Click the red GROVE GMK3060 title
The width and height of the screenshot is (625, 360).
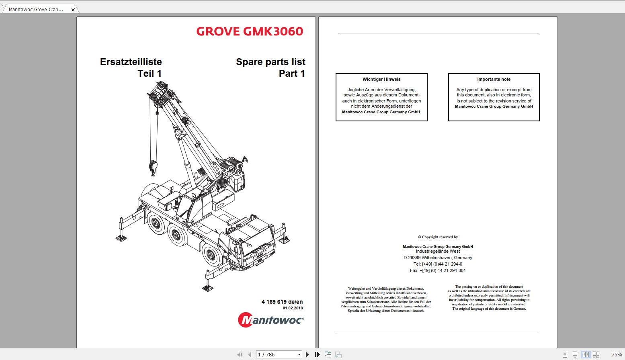pyautogui.click(x=250, y=31)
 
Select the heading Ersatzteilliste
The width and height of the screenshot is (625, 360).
pyautogui.click(x=131, y=62)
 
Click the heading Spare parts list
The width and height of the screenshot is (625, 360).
pyautogui.click(x=270, y=62)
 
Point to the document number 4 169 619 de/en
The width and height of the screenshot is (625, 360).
pyautogui.click(x=282, y=302)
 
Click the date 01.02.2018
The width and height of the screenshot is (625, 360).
pyautogui.click(x=293, y=308)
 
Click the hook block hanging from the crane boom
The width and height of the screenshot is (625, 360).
pyautogui.click(x=153, y=167)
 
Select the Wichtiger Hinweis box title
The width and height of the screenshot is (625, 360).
pyautogui.click(x=381, y=79)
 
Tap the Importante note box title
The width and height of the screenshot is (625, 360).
pyautogui.click(x=494, y=79)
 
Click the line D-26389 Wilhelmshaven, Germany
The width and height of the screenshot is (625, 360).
pyautogui.click(x=438, y=258)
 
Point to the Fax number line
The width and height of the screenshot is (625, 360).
pyautogui.click(x=438, y=271)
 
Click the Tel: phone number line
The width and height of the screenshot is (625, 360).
pyautogui.click(x=438, y=264)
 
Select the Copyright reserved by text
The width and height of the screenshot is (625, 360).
pyautogui.click(x=438, y=237)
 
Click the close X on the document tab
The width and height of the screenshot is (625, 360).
pyautogui.click(x=73, y=10)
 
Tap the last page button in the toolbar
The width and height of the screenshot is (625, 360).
pyautogui.click(x=317, y=354)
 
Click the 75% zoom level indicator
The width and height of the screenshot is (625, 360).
pyautogui.click(x=616, y=354)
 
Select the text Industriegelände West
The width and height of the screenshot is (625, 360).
pyautogui.click(x=438, y=252)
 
